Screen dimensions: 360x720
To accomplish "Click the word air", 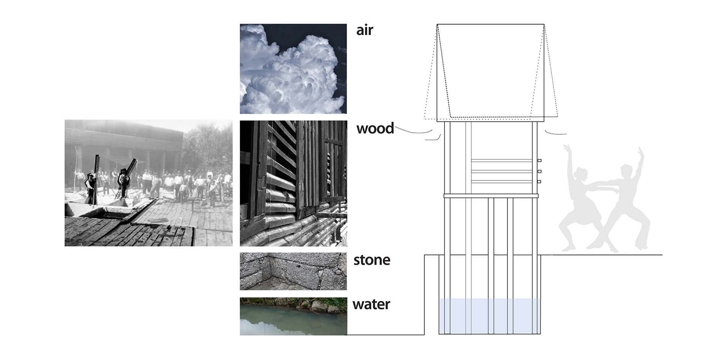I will tap(364, 30).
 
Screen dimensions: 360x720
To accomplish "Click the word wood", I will tap(375, 129).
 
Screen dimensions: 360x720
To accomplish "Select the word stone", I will tap(372, 260).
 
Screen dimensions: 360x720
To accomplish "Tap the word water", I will tap(371, 304).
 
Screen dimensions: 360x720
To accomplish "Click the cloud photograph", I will tap(293, 69).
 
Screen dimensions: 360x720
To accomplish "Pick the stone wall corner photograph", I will tap(293, 271).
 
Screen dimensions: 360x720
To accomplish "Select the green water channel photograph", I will tap(293, 316).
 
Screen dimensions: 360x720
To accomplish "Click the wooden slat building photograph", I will tap(293, 183).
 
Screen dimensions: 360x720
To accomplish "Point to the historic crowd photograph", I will tap(148, 183).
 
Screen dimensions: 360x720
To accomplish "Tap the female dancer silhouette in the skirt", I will tap(579, 202).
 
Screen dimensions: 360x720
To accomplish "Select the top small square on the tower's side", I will tap(539, 160).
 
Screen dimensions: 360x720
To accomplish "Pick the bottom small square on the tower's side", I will tap(539, 181).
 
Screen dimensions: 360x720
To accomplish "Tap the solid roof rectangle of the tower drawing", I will tap(490, 71).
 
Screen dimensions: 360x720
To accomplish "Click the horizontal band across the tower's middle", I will tap(491, 196).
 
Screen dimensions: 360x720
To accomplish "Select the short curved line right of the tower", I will tap(555, 133).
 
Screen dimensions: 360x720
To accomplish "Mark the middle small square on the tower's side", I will tap(539, 171).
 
